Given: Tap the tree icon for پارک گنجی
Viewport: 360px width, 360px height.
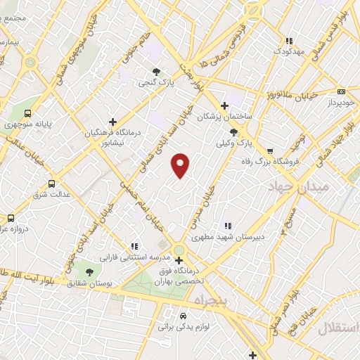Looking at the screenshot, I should pos(156,72).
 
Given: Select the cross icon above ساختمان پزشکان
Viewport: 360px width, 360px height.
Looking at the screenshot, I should pos(224,105).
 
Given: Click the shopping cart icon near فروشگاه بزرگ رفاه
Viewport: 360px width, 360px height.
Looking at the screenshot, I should pos(270,150).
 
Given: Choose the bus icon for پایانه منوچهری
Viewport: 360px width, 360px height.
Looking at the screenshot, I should pos(27,113).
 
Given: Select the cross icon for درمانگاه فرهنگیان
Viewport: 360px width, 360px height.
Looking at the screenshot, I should pos(112,122).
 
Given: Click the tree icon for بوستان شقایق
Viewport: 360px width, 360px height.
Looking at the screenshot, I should pos(89,271).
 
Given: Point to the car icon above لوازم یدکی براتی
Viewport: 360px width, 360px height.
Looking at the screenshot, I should pos(184,316).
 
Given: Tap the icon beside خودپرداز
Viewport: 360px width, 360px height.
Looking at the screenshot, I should pos(342,91).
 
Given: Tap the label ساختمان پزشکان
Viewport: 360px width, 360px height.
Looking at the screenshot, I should pos(224,116).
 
